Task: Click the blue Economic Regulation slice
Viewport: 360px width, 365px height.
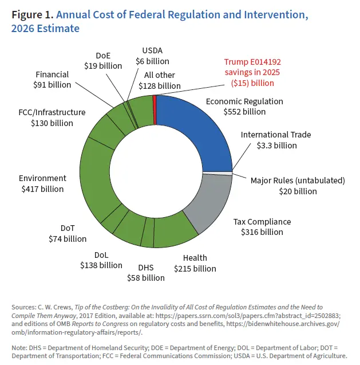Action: coord(195,126)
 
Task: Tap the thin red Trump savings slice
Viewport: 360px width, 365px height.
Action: coord(155,101)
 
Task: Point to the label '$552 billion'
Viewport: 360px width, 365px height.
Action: coord(244,112)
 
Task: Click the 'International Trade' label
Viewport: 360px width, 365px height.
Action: coord(276,135)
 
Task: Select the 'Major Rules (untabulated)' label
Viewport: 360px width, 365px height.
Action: coord(298,180)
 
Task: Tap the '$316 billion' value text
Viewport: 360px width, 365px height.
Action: coord(262,232)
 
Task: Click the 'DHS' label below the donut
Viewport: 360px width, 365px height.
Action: coord(145,267)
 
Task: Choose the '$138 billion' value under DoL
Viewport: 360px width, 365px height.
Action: coord(100,265)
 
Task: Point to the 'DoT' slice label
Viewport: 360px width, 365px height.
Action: coord(68,228)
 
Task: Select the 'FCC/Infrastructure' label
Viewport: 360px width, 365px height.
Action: coord(52,112)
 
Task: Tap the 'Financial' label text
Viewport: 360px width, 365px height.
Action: coord(52,74)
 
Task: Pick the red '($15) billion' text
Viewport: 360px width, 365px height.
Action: coord(252,83)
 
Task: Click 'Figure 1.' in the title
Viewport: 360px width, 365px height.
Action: coord(31,15)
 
